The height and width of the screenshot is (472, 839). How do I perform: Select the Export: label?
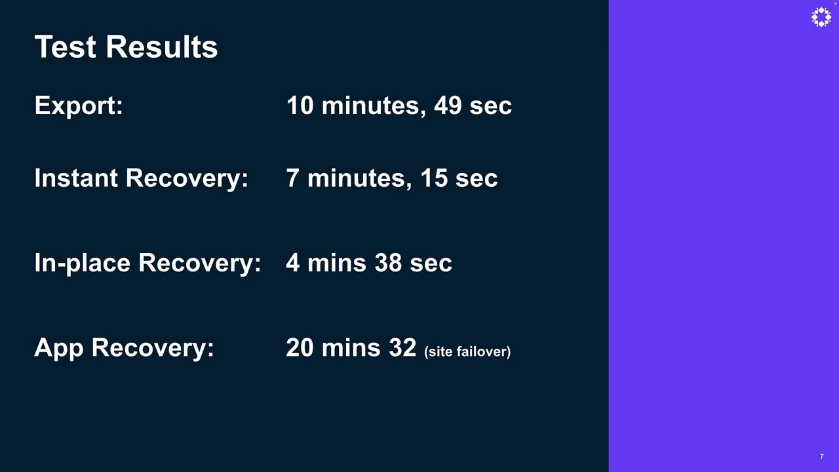[x=79, y=106]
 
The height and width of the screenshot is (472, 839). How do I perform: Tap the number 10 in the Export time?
[x=300, y=106]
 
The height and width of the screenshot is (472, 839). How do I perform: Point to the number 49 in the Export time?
[x=448, y=106]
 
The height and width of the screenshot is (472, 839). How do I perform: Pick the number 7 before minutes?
[x=292, y=178]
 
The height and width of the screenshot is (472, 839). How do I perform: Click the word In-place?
[x=83, y=263]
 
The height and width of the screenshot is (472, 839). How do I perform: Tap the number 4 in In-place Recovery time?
[x=293, y=263]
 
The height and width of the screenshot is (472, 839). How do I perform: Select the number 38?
[x=388, y=263]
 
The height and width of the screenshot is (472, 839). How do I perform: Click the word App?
[x=59, y=347]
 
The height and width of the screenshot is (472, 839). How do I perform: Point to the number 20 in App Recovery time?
[x=300, y=347]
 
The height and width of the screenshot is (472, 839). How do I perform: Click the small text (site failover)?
[x=467, y=352]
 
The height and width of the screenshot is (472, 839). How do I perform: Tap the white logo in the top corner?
[x=821, y=18]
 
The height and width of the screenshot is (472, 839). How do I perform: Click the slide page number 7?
[x=821, y=456]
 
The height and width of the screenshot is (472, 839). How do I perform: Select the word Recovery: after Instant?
[x=187, y=178]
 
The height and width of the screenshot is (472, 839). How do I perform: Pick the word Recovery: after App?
[x=153, y=347]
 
